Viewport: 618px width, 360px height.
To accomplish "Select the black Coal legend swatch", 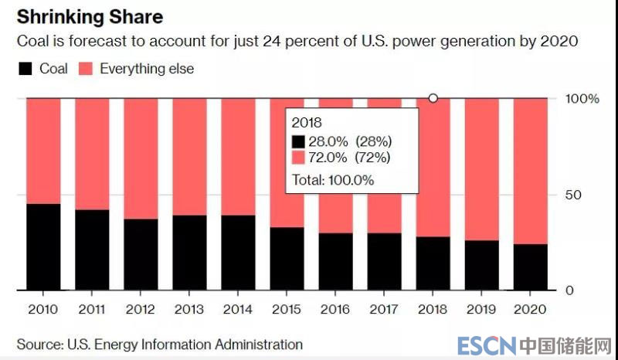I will click(x=25, y=70).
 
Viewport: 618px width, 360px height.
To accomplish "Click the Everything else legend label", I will click(x=147, y=70).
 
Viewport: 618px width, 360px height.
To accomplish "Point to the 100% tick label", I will click(x=583, y=99).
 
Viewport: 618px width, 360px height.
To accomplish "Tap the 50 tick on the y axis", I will click(x=572, y=195).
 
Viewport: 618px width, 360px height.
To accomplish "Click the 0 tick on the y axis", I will click(x=569, y=290).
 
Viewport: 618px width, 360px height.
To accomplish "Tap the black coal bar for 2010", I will click(x=43, y=247).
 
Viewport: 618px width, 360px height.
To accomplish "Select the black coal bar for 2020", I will click(x=530, y=267).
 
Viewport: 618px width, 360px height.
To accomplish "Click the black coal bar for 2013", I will click(x=189, y=253).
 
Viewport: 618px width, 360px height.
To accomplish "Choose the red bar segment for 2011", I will click(x=92, y=155).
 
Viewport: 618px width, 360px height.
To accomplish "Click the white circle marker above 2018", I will click(x=433, y=98).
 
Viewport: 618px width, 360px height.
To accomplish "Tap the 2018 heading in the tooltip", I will click(x=305, y=123).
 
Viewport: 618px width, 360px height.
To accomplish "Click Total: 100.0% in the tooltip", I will click(x=333, y=180).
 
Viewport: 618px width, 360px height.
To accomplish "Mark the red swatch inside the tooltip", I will click(x=298, y=158).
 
